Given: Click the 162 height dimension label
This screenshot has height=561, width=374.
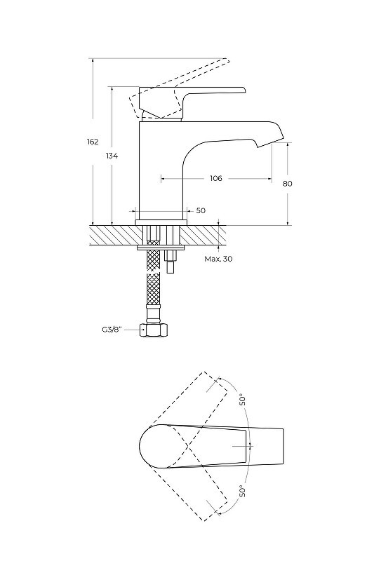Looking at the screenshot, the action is pos(93,142).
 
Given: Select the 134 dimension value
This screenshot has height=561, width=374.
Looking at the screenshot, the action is pos(112,156).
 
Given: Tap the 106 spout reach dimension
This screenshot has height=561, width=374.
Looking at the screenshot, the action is pos(216,178).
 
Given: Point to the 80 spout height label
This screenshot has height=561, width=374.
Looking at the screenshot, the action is pos(287,184).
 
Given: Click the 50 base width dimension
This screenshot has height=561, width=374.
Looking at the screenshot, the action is pos(201,210).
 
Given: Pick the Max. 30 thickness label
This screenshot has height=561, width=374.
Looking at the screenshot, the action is pos(218,259).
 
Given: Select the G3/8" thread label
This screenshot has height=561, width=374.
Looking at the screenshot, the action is pos(112,330).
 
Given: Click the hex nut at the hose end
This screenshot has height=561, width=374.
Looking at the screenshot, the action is pos(153,330).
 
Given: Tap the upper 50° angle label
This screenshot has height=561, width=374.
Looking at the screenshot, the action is pos(243,399).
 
